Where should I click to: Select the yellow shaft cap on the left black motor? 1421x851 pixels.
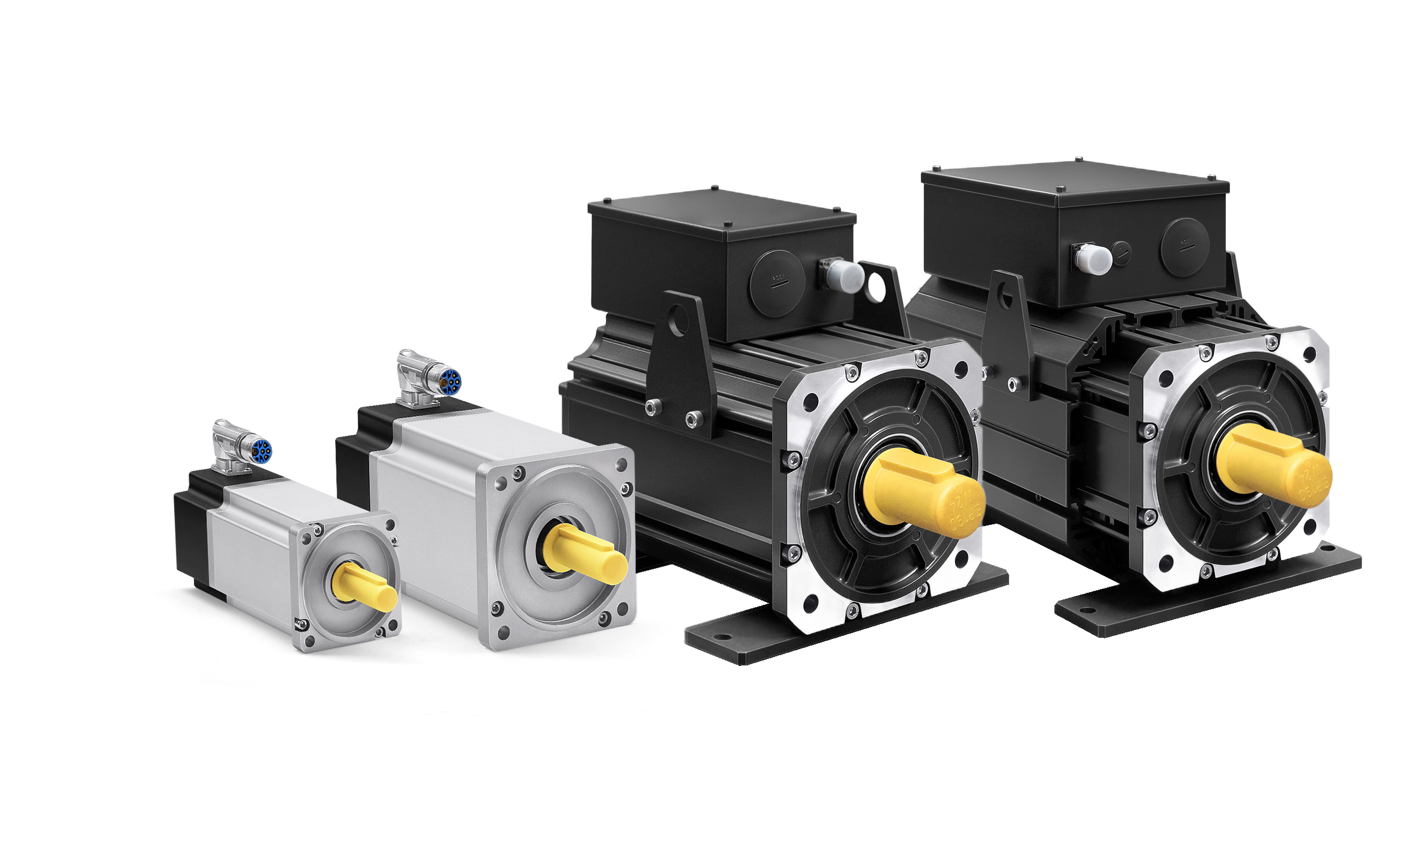point(925,494)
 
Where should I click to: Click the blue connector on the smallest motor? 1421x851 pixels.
point(262,450)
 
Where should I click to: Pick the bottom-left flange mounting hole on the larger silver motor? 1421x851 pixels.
point(503,631)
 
